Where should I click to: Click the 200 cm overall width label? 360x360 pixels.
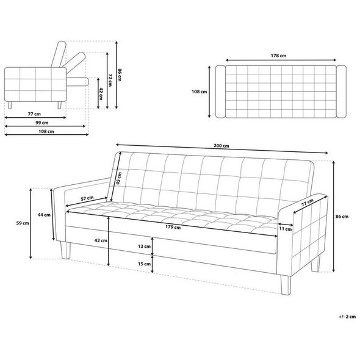click(x=221, y=146)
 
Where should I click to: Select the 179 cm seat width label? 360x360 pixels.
click(x=173, y=227)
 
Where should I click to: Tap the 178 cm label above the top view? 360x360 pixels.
click(x=278, y=56)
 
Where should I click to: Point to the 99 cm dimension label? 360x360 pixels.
click(x=41, y=123)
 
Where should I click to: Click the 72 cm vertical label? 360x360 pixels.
click(x=110, y=80)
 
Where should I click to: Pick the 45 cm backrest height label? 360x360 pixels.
click(x=118, y=178)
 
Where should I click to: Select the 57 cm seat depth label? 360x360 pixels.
click(x=87, y=198)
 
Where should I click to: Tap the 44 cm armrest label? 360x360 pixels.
click(x=44, y=215)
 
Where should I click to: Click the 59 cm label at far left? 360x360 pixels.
click(x=23, y=223)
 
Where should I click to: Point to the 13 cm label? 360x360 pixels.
click(x=144, y=247)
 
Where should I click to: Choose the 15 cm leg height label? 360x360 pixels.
click(x=144, y=264)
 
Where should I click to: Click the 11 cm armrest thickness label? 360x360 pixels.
click(x=286, y=229)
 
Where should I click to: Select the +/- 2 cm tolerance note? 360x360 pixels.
click(x=347, y=317)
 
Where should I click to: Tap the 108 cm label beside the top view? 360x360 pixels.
click(x=200, y=92)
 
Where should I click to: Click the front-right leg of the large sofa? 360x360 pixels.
click(x=286, y=285)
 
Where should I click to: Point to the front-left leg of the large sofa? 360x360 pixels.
click(x=65, y=250)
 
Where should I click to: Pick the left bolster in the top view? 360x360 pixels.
click(x=220, y=92)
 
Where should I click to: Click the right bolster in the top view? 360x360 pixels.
click(x=341, y=92)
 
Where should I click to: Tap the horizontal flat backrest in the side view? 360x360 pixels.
click(x=77, y=82)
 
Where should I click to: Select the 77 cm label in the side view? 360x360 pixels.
click(x=34, y=114)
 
